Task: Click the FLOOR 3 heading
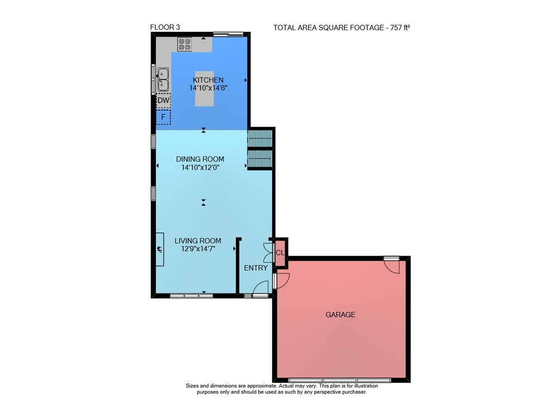coord(165,27)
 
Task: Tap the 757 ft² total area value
coord(400,27)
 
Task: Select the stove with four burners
coord(184,44)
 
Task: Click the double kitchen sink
coord(163,79)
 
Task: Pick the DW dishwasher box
coord(164,101)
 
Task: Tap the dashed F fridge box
coord(163,117)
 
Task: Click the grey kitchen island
coord(204,89)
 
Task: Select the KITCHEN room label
coord(208,80)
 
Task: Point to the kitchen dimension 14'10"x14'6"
coord(208,88)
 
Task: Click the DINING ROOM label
coord(200,159)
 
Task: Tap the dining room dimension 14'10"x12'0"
coord(200,167)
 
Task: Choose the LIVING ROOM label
coord(198,241)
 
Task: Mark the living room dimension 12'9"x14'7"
coord(198,249)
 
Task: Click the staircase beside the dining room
coord(260,148)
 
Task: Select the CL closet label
coord(280,253)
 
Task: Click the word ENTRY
coord(255,268)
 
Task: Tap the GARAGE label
coord(340,314)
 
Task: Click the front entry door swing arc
coord(261,286)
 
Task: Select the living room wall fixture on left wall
coord(160,249)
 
